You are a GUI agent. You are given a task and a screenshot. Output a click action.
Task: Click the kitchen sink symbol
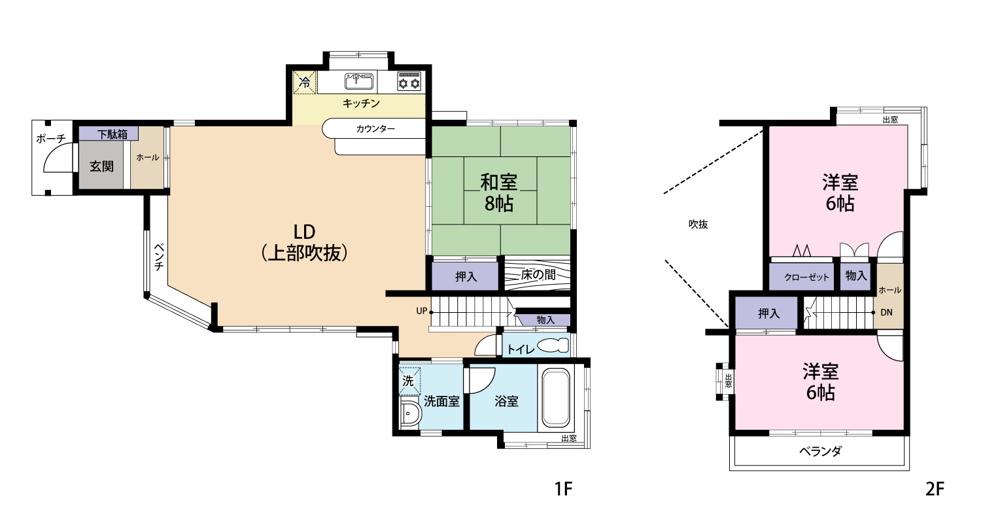click(359, 82)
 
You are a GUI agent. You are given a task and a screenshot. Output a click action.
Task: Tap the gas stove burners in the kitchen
click(409, 82)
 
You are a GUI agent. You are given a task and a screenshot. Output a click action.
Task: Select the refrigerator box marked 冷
click(304, 82)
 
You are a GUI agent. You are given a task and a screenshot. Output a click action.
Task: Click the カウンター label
click(375, 129)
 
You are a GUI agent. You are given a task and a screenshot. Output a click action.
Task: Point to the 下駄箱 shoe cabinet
click(109, 134)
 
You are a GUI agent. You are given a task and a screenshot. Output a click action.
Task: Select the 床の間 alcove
click(538, 275)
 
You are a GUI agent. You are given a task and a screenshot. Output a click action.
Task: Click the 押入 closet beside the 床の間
click(466, 276)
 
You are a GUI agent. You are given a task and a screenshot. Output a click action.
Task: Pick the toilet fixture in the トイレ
click(553, 346)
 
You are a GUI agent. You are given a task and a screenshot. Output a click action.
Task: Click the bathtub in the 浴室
click(556, 398)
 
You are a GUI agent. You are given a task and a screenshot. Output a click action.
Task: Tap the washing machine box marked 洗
click(409, 380)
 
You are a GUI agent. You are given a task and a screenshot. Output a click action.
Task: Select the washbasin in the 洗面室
click(409, 412)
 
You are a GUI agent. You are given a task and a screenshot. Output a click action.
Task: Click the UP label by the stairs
click(421, 311)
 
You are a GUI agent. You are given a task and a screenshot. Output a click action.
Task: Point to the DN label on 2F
click(886, 312)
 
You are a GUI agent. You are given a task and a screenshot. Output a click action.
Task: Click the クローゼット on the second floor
click(801, 276)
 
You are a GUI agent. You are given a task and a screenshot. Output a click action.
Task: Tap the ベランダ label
click(820, 452)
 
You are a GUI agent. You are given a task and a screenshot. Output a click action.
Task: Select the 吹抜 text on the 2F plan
click(698, 224)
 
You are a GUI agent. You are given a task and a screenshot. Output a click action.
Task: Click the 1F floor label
click(563, 488)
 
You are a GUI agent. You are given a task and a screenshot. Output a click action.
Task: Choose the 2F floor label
click(935, 488)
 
